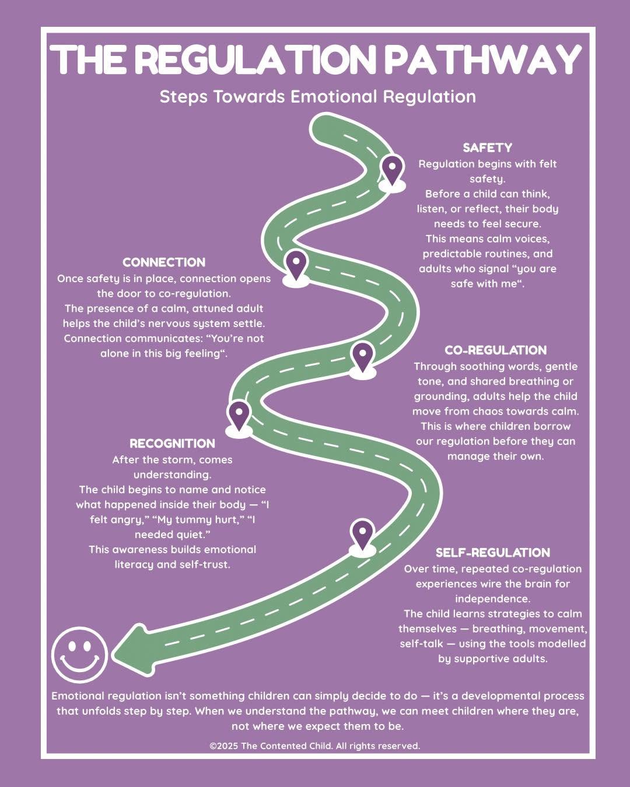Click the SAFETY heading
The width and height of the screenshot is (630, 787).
(487, 147)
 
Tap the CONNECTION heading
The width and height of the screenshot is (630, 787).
(164, 262)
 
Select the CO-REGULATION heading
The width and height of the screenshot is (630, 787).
(496, 350)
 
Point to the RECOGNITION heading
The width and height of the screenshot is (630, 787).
(173, 444)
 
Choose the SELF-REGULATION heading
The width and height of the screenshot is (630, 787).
(493, 552)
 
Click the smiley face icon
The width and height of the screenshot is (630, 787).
(79, 655)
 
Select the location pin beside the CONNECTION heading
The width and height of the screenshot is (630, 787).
(296, 268)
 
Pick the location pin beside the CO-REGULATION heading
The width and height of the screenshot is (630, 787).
(362, 360)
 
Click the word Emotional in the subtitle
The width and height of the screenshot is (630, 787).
(334, 97)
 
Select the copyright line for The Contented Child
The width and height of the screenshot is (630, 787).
(315, 746)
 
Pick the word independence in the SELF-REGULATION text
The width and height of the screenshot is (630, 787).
(493, 599)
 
